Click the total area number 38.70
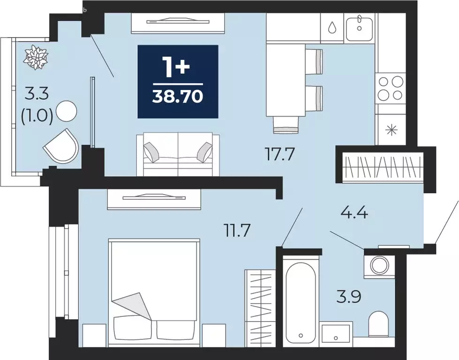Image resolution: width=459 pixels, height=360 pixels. (178, 97)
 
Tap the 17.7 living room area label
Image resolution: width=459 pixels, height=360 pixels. (280, 154)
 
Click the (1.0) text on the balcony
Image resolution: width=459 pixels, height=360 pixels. (36, 115)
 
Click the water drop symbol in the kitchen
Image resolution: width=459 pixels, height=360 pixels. (332, 28)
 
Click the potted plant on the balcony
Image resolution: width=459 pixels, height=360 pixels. (37, 57)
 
